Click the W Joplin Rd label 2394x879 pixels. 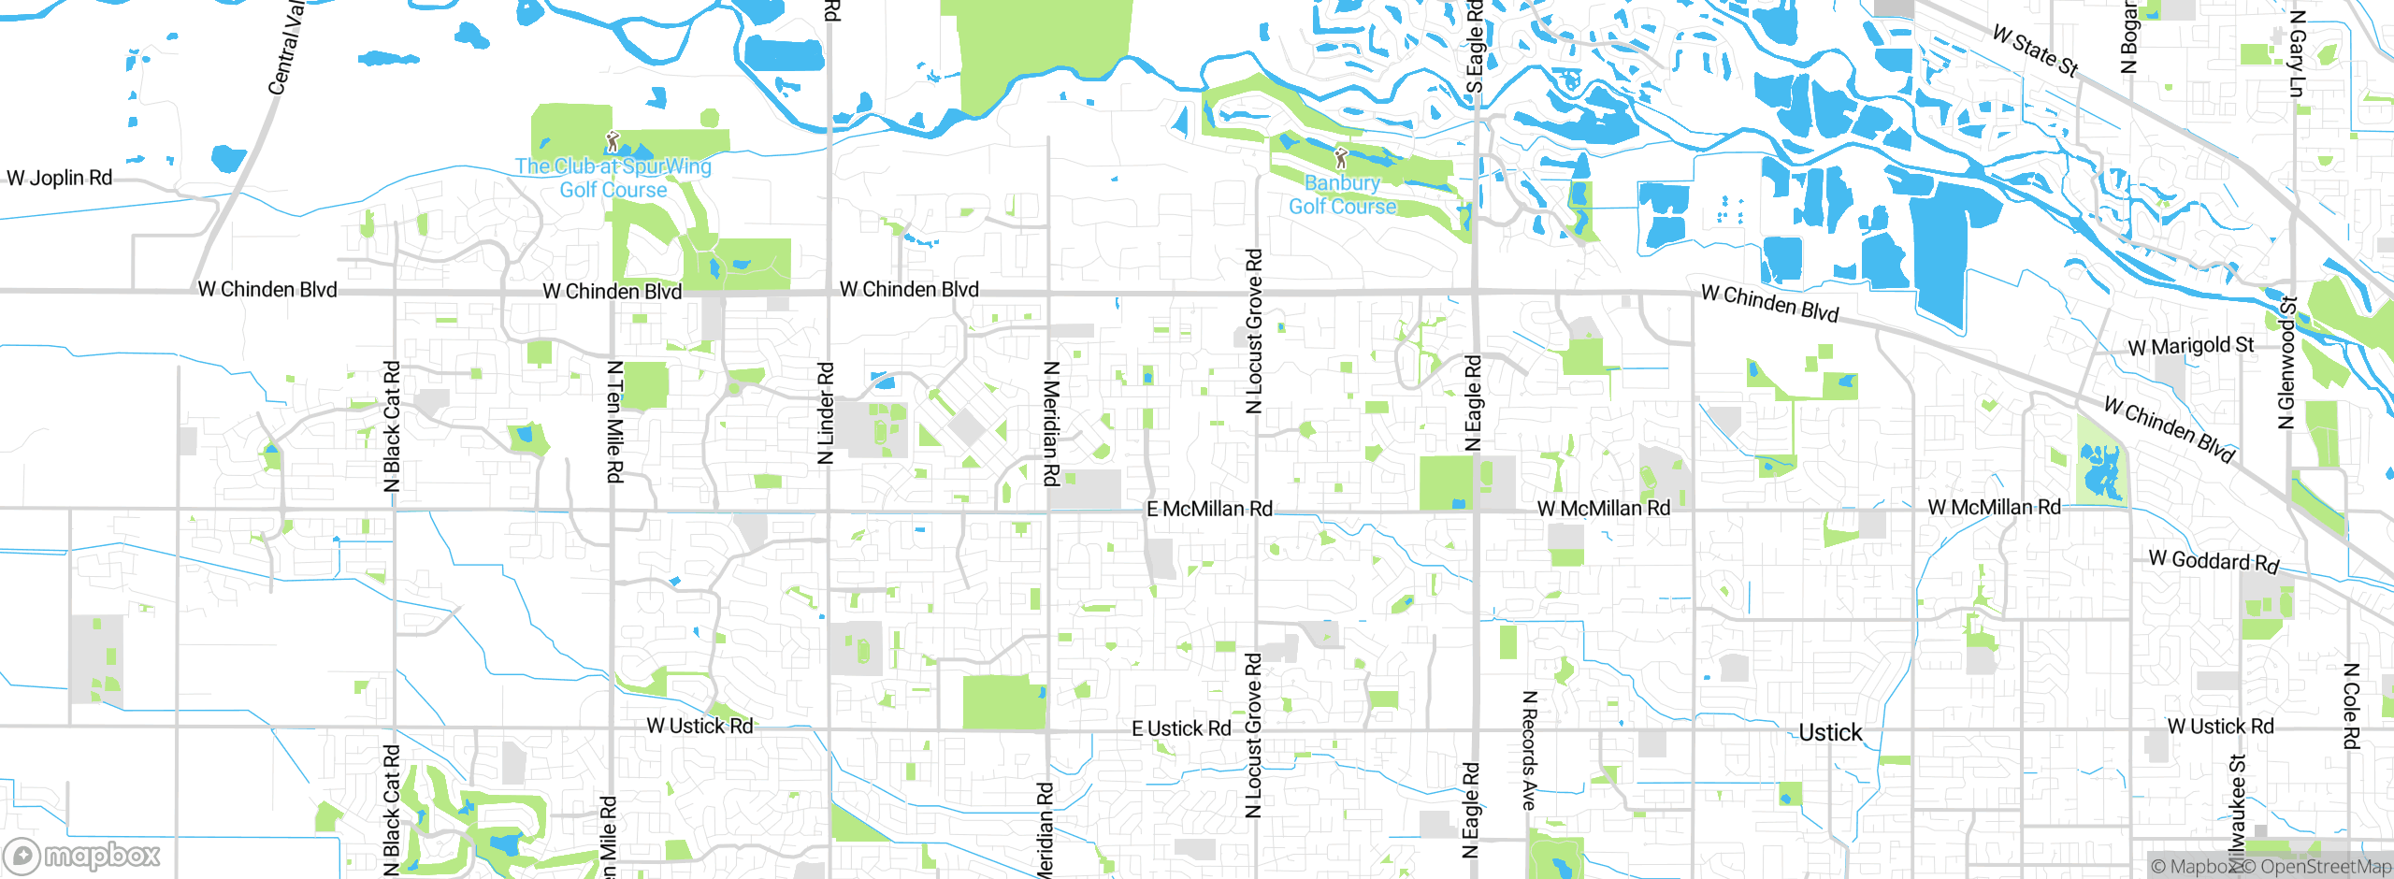coord(60,178)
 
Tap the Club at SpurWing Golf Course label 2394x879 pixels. coord(613,178)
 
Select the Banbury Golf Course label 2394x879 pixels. coord(1343,195)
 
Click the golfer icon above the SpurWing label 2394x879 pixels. coord(613,142)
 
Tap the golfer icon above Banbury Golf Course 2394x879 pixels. coord(1341,158)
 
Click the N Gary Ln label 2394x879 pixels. coord(2297,53)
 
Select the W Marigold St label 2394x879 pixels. coord(2191,346)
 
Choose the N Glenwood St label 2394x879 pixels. coord(2286,363)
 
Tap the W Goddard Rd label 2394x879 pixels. coord(2214,561)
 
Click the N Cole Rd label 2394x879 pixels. coord(2351,706)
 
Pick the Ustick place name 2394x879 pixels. coord(1830,732)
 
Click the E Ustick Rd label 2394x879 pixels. coord(1181,728)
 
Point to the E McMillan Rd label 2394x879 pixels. coord(1209,509)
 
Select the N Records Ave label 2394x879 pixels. coord(1530,750)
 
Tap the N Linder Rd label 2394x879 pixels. coord(826,413)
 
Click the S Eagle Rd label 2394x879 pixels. coord(1475,47)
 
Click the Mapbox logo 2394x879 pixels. coord(82,856)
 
